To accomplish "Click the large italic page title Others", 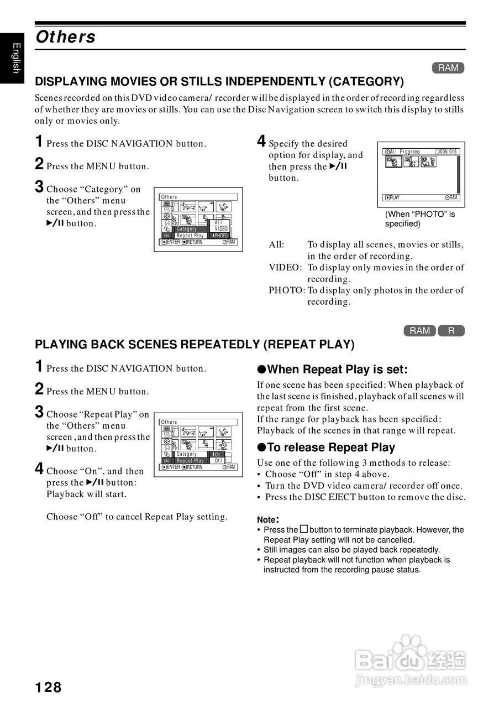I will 65,37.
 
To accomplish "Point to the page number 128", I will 49,688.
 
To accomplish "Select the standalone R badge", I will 451,331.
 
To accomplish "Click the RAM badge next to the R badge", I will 420,331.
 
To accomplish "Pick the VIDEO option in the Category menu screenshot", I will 221,229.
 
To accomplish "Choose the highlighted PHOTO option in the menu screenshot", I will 220,236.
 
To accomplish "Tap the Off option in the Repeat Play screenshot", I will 219,461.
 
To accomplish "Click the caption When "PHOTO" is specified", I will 419,219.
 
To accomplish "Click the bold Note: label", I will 268,519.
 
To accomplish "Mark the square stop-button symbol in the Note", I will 303,529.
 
